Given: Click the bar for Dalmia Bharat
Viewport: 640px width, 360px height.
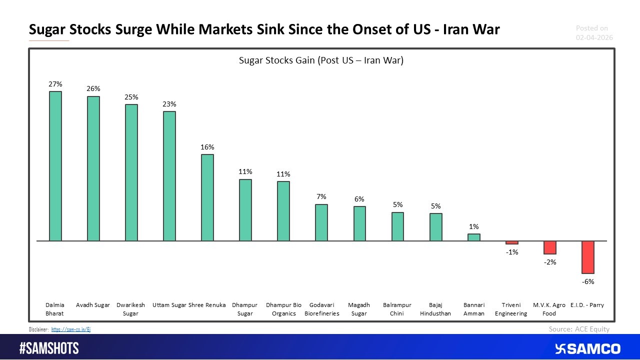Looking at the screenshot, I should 55,166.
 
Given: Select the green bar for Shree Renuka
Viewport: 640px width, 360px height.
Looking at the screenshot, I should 207,197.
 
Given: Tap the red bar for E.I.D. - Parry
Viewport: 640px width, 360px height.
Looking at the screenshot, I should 587,257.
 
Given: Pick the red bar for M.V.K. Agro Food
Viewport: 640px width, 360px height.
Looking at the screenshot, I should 550,247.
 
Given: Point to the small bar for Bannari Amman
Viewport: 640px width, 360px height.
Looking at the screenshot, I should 473,237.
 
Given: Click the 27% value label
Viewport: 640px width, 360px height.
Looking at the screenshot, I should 55,84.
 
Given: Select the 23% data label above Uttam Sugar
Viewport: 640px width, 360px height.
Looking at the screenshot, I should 169,104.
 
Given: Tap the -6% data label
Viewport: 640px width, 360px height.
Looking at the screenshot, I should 587,281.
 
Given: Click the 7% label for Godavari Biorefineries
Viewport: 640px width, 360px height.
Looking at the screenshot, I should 321,197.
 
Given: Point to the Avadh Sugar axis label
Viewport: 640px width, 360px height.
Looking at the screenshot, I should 93,305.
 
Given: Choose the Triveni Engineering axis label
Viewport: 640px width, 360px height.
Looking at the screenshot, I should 511,309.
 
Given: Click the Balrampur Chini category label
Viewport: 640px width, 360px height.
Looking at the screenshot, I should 397,309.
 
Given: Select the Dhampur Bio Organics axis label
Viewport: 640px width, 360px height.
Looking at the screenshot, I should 283,309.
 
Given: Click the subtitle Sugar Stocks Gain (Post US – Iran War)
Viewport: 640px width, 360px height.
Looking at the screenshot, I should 321,61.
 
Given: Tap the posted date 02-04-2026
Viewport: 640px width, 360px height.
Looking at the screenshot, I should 594,37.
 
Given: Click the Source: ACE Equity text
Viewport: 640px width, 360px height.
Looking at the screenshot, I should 579,328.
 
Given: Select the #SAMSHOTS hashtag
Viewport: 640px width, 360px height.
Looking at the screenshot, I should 49,348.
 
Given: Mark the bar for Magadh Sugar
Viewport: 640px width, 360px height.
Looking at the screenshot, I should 359,223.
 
